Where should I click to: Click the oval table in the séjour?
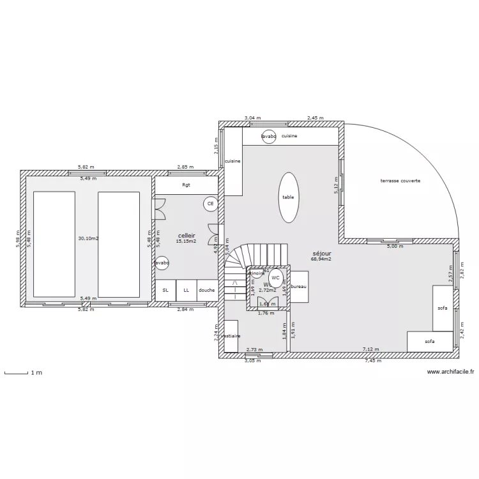click(x=289, y=197)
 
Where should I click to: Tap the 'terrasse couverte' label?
click(x=400, y=181)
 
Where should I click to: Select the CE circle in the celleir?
click(x=209, y=204)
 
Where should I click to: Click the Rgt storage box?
click(x=186, y=185)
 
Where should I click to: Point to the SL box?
click(x=165, y=289)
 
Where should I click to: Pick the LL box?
click(x=186, y=289)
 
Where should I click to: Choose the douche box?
click(x=207, y=289)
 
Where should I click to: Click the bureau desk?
click(x=299, y=287)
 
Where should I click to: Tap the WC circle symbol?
click(x=275, y=278)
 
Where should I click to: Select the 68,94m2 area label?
click(x=321, y=259)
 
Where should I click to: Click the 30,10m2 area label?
click(x=88, y=238)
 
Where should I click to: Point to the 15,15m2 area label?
click(x=186, y=241)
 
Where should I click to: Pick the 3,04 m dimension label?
click(x=253, y=118)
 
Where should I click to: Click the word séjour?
click(x=321, y=253)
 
